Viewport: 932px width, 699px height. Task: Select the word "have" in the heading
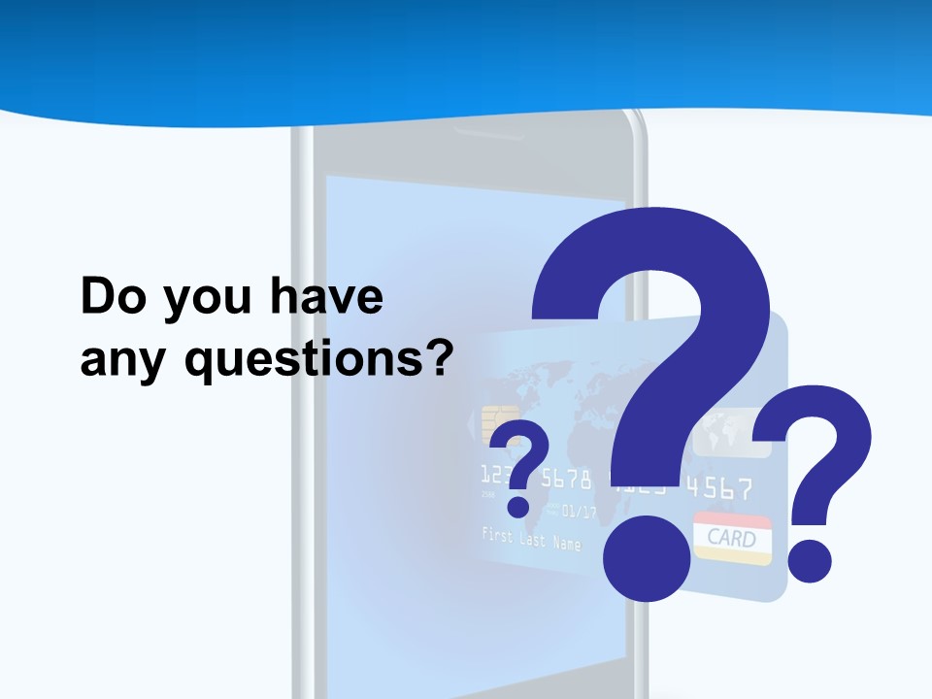(326, 297)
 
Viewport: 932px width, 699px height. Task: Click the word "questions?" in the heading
(319, 361)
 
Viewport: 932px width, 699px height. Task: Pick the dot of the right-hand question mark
(809, 560)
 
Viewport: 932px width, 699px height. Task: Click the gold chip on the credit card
(494, 422)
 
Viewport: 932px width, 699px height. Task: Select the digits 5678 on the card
(566, 478)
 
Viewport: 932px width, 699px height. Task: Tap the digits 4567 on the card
(719, 488)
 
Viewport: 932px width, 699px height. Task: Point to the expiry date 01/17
(579, 511)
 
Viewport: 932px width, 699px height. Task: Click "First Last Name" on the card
(531, 538)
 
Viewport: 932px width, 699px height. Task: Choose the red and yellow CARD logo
(733, 537)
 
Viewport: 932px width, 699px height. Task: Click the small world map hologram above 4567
(722, 426)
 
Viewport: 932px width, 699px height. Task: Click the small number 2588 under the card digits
(487, 495)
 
